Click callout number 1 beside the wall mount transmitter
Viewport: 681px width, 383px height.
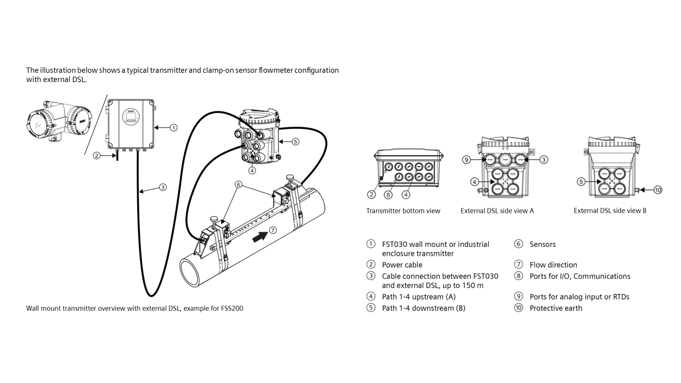[173, 128]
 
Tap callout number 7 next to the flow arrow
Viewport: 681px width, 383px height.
[273, 230]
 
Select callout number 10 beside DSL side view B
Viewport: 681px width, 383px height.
[657, 190]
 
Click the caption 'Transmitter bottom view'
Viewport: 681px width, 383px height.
[403, 211]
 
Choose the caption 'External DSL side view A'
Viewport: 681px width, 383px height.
[497, 211]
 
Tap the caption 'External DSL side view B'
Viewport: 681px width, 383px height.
[610, 211]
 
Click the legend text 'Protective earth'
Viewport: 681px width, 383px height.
[556, 308]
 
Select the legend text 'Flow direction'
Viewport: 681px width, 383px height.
[553, 265]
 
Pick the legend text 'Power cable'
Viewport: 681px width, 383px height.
[402, 265]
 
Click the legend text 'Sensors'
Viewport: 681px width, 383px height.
[542, 244]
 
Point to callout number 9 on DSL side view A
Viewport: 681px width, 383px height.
[467, 160]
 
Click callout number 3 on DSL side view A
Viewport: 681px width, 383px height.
[544, 160]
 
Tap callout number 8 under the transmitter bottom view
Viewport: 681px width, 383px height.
[388, 195]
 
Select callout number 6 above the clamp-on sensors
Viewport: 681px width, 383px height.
[239, 185]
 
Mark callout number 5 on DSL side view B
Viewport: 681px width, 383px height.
[581, 182]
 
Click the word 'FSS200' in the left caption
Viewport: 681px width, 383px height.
[232, 308]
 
